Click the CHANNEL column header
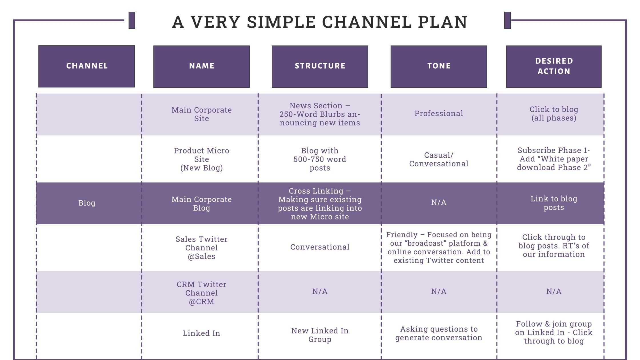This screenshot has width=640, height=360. tap(87, 66)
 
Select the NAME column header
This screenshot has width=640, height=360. tap(201, 66)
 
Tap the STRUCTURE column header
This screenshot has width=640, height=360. tap(320, 66)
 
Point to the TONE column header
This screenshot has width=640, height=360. tap(439, 66)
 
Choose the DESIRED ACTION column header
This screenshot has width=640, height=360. tap(554, 66)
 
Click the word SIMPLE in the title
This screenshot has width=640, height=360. tap(281, 22)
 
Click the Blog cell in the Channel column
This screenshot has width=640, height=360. tap(87, 203)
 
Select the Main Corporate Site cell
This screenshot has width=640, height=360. tap(201, 114)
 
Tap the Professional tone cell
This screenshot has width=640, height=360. tap(439, 113)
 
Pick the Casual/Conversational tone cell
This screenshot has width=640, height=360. tap(439, 159)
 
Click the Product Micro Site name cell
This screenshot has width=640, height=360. tap(201, 159)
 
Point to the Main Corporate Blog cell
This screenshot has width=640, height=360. tap(201, 203)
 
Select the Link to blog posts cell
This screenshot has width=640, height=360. tap(554, 203)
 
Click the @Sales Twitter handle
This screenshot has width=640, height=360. tap(201, 256)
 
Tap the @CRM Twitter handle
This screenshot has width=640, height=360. tap(201, 301)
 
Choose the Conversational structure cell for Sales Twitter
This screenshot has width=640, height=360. tap(320, 247)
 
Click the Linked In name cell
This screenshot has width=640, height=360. tap(201, 333)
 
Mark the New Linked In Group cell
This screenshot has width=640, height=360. tap(320, 335)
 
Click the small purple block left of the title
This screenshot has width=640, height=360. tap(132, 20)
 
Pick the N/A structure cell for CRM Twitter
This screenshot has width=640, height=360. tap(320, 291)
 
